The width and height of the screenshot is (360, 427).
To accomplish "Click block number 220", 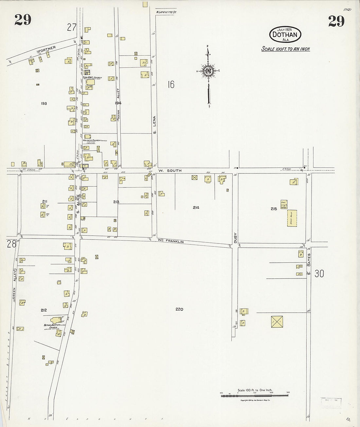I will point(179,309).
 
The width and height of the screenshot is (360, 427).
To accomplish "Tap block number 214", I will point(196,207).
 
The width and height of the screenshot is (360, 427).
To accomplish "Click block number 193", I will point(44,103).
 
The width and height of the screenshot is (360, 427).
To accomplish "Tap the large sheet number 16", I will point(171,85).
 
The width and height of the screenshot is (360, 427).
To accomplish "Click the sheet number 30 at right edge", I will point(319,273).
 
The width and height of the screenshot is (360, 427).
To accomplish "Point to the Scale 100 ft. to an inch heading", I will point(285,49).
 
